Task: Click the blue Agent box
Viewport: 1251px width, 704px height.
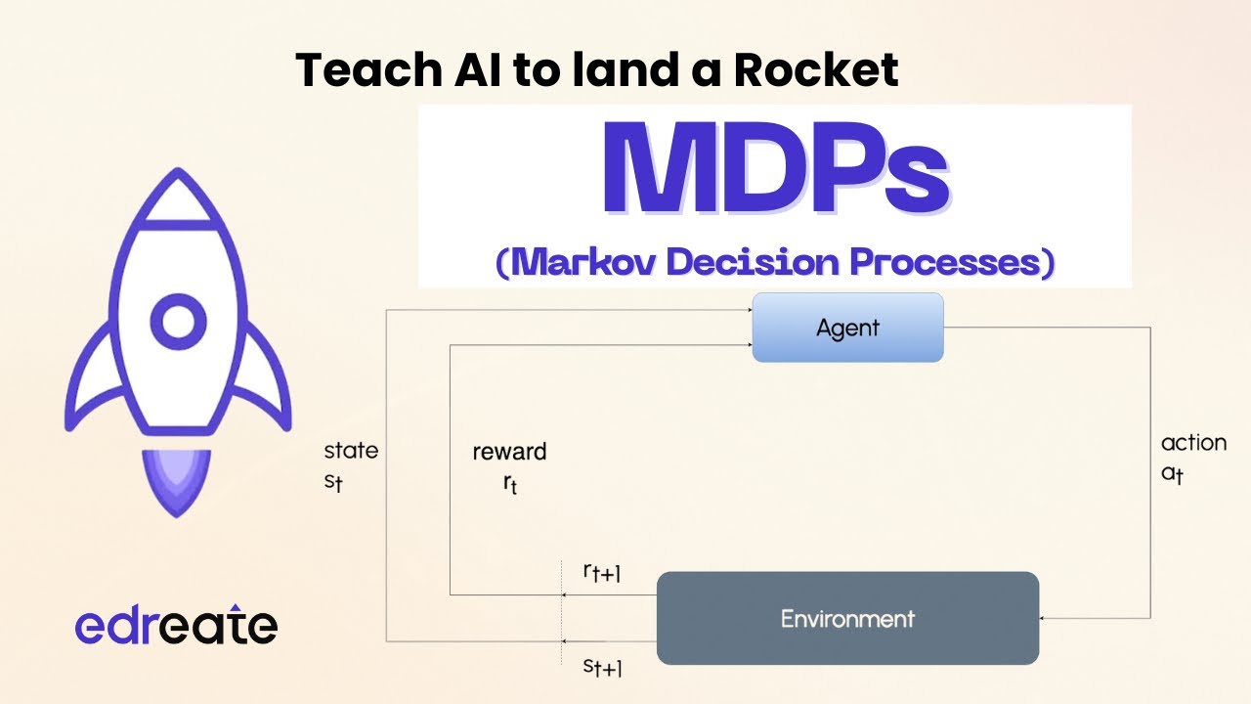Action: [847, 328]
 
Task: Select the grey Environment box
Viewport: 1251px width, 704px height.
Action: [847, 618]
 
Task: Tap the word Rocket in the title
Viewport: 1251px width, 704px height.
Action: [816, 69]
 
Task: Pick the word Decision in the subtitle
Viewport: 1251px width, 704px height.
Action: [754, 261]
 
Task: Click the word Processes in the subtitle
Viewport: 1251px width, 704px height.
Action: [945, 261]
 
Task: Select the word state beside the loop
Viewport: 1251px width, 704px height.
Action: [351, 451]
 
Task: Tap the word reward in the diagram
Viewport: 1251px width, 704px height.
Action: [509, 452]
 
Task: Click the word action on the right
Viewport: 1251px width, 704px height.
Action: [1193, 443]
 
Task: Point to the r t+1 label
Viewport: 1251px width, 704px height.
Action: [601, 572]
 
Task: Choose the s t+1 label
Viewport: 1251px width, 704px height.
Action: [602, 667]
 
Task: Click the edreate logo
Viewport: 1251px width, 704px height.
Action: [176, 625]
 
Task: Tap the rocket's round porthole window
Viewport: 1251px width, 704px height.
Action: [178, 322]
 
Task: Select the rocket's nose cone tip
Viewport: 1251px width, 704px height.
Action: [178, 169]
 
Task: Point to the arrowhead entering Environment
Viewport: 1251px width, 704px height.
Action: [1042, 618]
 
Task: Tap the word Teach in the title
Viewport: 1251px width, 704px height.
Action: [368, 69]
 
